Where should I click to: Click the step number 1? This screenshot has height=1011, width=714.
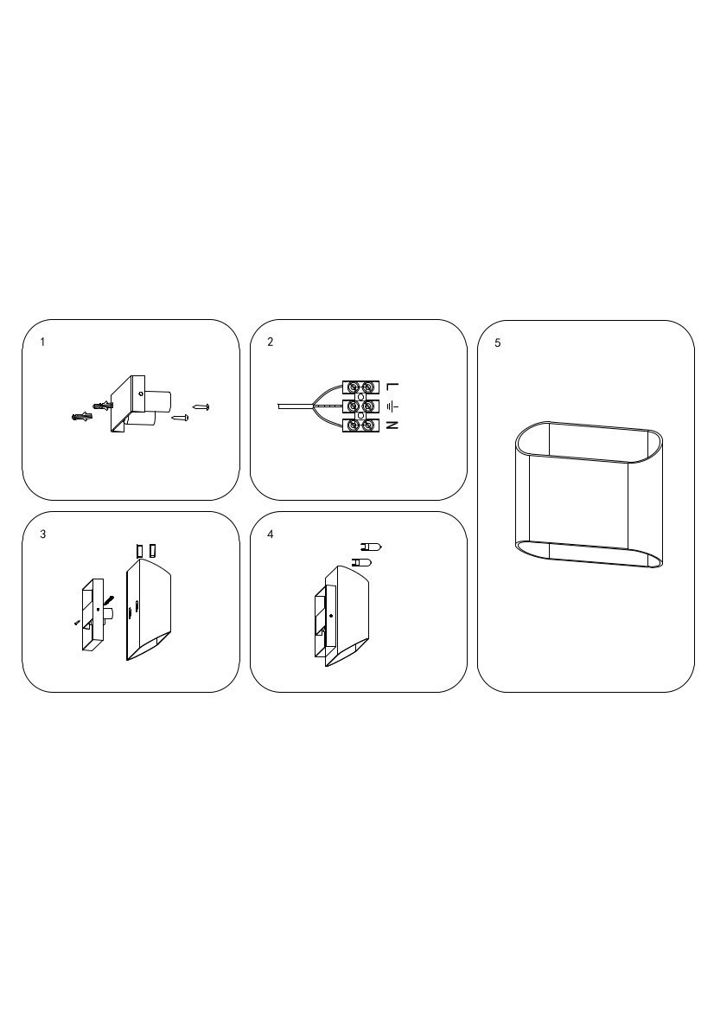[x=42, y=342]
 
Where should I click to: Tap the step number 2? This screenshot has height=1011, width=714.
[x=270, y=342]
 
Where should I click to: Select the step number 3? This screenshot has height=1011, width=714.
[x=42, y=534]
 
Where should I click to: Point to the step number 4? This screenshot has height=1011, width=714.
[x=270, y=534]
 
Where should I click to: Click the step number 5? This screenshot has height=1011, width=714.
[x=498, y=343]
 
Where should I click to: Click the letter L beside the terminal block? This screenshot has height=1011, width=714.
[x=393, y=387]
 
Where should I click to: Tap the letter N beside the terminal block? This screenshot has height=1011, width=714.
[x=393, y=426]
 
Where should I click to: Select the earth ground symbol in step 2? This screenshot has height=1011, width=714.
[x=393, y=406]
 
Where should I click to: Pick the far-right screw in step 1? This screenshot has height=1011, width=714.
[x=201, y=406]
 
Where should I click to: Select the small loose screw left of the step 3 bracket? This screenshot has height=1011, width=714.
[x=77, y=622]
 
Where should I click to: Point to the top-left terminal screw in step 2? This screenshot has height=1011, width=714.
[x=354, y=387]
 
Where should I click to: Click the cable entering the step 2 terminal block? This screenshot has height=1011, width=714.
[x=295, y=406]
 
